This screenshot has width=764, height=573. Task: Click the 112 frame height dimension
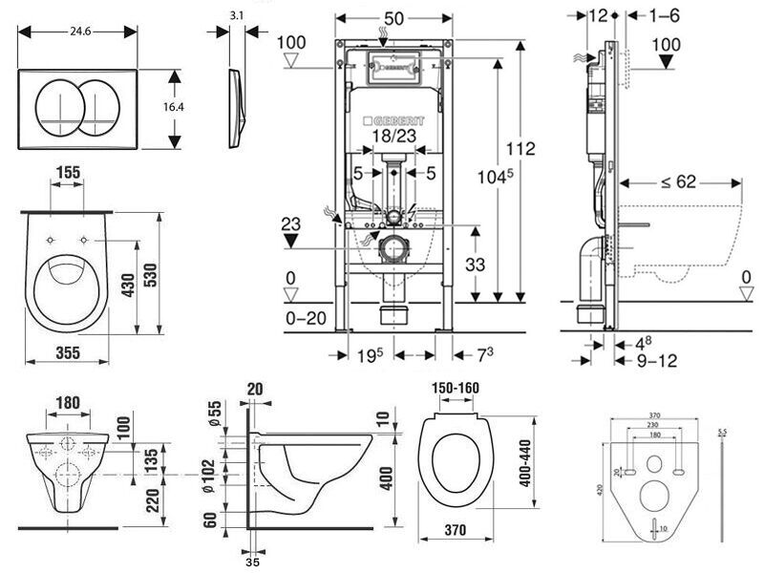pyautogui.click(x=520, y=149)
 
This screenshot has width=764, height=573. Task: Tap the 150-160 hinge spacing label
pyautogui.click(x=454, y=388)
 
